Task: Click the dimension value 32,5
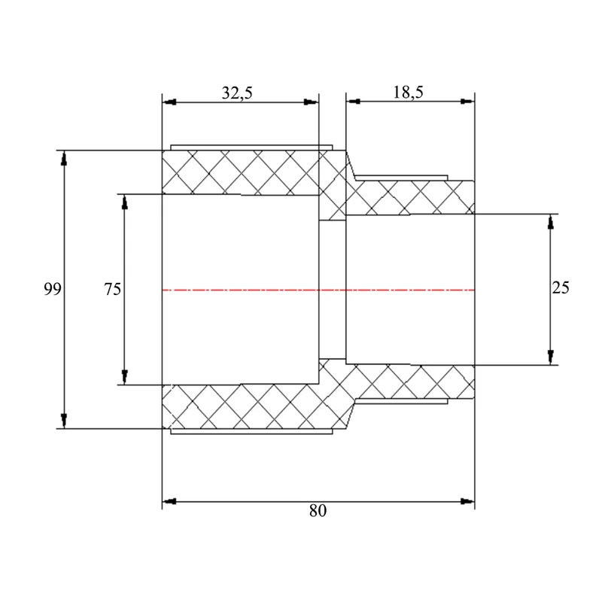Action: pyautogui.click(x=237, y=93)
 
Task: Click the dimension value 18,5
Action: pyautogui.click(x=408, y=92)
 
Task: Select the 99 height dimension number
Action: pyautogui.click(x=52, y=289)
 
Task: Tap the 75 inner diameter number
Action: pyautogui.click(x=112, y=289)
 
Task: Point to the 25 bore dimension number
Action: pyautogui.click(x=560, y=287)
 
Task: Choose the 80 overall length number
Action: pyautogui.click(x=318, y=511)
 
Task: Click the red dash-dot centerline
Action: pyautogui.click(x=318, y=290)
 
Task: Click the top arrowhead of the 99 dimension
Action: pyautogui.click(x=64, y=158)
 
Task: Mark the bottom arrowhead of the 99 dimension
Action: pyautogui.click(x=64, y=421)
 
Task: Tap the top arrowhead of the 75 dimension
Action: pyautogui.click(x=124, y=202)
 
